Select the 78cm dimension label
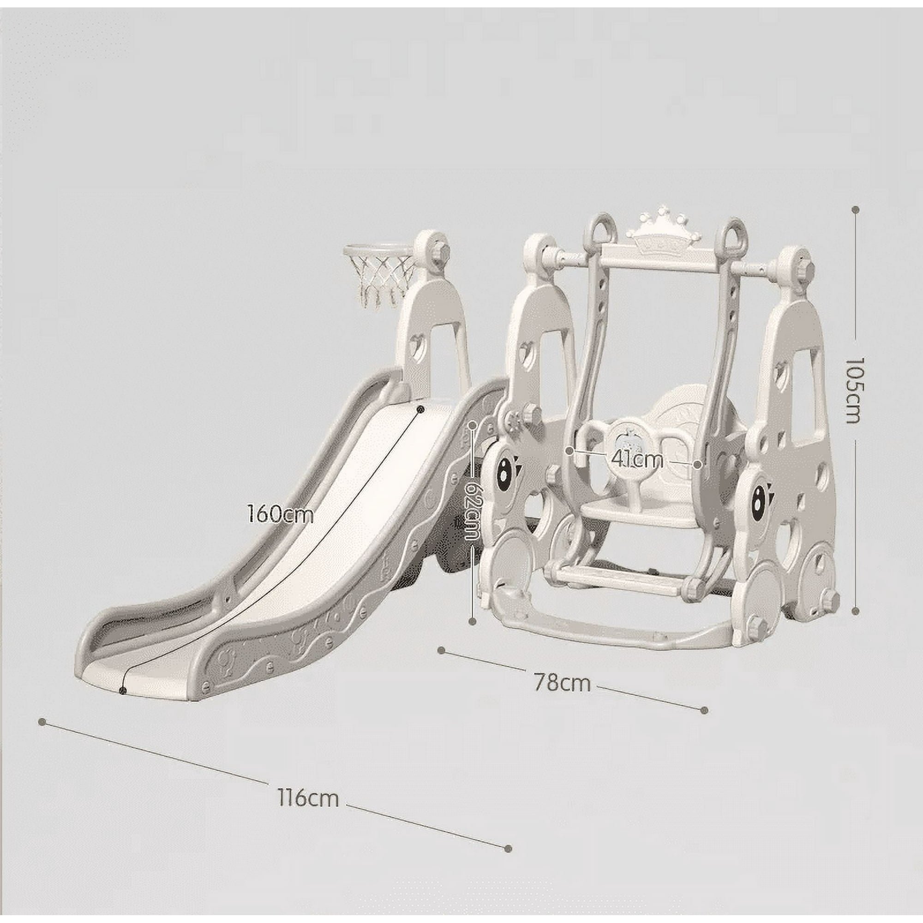(x=562, y=683)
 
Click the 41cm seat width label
(x=637, y=460)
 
